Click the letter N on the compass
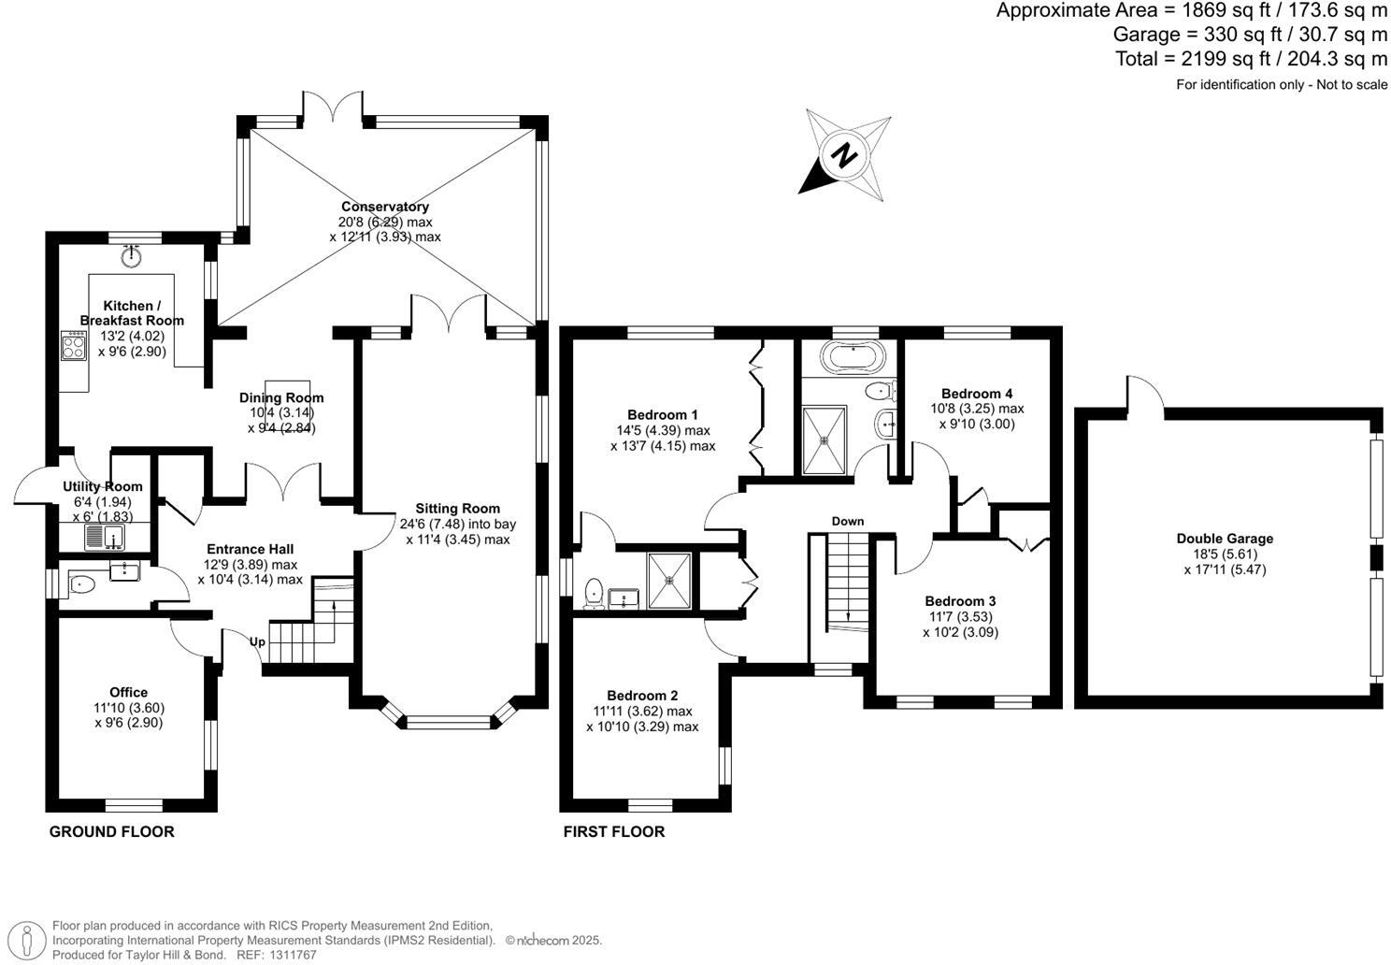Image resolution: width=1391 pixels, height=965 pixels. tap(844, 156)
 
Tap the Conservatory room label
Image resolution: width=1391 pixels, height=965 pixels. tap(385, 207)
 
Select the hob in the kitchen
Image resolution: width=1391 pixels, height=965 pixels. tap(73, 345)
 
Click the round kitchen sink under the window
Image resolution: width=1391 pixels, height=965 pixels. tap(132, 254)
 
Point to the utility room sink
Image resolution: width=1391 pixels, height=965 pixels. tap(105, 537)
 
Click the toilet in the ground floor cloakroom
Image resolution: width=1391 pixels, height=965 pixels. tap(81, 584)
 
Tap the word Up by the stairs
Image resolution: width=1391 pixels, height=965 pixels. tap(257, 641)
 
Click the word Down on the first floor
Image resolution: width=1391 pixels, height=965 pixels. tap(848, 521)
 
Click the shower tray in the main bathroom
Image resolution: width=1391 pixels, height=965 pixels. tap(825, 439)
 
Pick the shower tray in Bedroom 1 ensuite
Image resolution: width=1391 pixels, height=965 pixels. tap(669, 581)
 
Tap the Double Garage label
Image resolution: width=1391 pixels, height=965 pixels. tap(1225, 539)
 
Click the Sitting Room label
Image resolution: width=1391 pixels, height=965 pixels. tap(458, 509)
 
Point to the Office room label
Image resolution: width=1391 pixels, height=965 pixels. tap(129, 692)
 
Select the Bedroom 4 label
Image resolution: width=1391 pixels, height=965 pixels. tap(977, 394)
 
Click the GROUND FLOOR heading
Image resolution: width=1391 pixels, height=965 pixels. tap(112, 831)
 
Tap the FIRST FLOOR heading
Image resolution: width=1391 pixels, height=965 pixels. tap(614, 831)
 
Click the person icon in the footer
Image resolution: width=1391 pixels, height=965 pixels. tap(27, 941)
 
